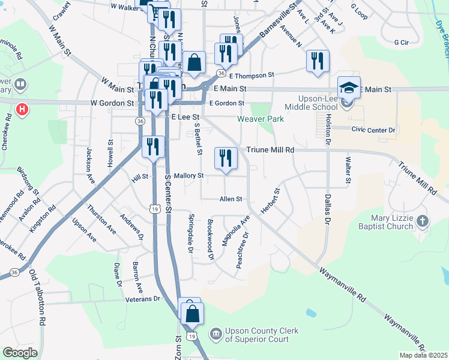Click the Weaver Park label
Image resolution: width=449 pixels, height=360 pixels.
pos(261,119)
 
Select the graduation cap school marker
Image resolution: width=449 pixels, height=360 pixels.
pos(349,88)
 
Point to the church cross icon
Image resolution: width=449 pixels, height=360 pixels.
pos(423,221)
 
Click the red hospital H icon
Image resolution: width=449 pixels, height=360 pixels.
pos(22,110)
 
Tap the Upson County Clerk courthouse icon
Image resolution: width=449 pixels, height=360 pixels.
pos(215,332)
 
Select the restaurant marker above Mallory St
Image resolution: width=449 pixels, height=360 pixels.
pos(226,158)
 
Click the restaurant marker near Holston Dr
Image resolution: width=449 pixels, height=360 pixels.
pos(317,61)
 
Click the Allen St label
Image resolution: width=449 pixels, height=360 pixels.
pos(231,199)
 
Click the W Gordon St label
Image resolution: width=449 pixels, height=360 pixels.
pos(112,103)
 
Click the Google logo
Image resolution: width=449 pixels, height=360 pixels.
pos(19,352)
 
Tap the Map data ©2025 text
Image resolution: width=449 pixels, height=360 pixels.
pos(423,355)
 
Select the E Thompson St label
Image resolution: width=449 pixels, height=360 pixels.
pos(251,76)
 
